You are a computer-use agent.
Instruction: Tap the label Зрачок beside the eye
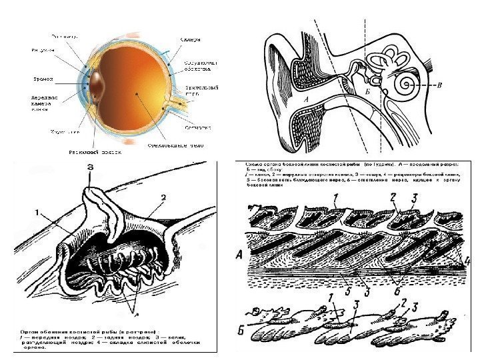[x=44, y=79]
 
